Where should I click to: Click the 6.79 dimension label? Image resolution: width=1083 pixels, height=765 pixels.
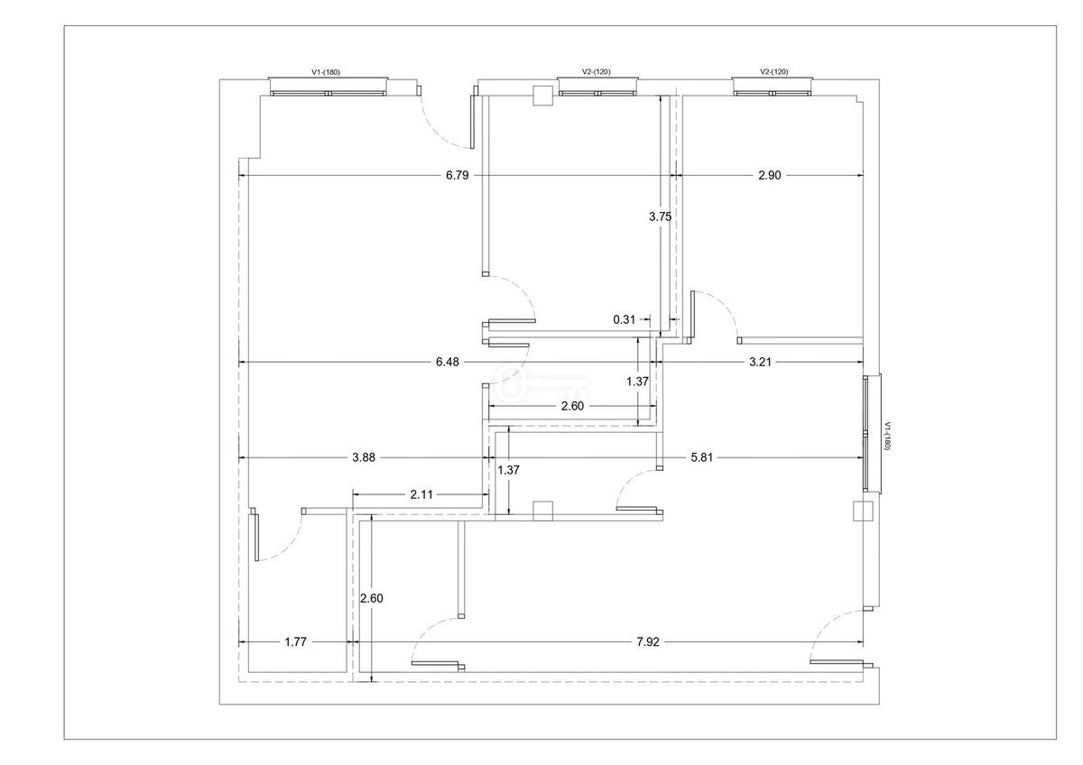point(457,175)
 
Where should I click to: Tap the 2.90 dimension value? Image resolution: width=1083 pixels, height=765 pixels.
point(769,175)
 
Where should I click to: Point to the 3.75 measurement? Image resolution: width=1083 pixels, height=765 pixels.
point(660,217)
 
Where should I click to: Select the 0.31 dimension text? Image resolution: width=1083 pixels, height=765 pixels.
point(624,319)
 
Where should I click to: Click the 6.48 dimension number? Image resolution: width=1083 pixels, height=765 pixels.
point(448,362)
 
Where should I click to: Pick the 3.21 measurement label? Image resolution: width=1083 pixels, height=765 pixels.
point(760,362)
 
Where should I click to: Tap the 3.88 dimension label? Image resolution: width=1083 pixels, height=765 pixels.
point(363,457)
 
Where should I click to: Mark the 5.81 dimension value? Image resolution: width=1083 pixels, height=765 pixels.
point(701,457)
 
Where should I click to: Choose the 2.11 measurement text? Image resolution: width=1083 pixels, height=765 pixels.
point(421,494)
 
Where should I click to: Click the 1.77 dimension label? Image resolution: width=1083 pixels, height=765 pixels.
point(295,641)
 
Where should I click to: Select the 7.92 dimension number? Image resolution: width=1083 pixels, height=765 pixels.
point(648,641)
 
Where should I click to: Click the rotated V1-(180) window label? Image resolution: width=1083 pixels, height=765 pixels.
point(886,437)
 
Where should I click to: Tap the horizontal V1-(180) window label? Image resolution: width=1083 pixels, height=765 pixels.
point(326,72)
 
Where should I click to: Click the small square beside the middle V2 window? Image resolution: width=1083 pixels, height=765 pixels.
point(542,96)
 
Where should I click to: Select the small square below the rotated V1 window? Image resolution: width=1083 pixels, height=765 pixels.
point(863,511)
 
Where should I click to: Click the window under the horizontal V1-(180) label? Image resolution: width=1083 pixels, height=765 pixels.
point(329,87)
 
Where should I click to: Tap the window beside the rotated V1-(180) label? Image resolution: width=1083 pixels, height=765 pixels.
point(872,434)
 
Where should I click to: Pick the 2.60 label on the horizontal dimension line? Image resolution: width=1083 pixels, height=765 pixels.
point(572,406)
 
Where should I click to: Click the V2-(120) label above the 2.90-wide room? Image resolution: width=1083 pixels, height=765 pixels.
point(773,71)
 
